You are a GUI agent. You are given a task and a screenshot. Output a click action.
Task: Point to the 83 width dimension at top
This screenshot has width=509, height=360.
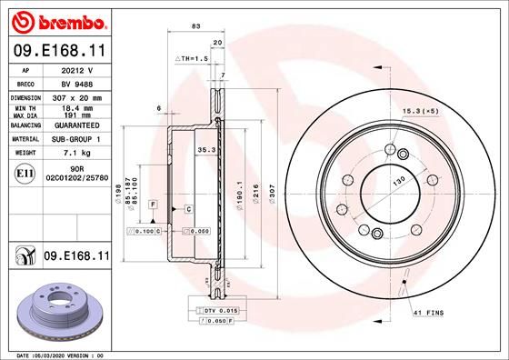(x=195, y=26)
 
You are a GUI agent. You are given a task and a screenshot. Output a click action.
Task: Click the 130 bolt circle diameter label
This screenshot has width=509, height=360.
(x=398, y=181)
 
